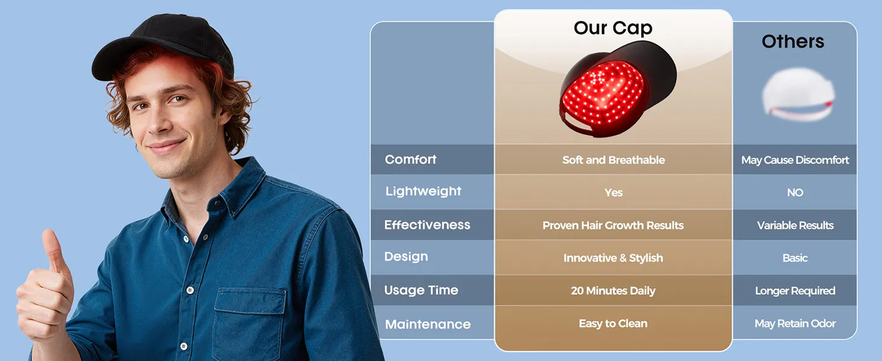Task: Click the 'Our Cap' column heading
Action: tap(613, 28)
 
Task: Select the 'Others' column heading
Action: tap(793, 42)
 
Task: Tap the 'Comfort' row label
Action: tap(411, 159)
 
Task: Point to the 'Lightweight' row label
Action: tap(424, 191)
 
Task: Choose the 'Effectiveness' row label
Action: tap(427, 224)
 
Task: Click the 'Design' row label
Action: tap(406, 257)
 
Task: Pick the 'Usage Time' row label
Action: tap(421, 290)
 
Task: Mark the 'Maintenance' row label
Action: tap(428, 324)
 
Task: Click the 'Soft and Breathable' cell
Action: tap(613, 160)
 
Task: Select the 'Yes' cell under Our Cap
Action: tap(613, 193)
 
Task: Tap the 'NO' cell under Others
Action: tap(795, 193)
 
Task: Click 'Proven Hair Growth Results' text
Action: tap(613, 226)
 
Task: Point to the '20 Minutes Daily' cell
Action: tap(613, 291)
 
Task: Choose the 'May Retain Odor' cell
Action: tap(795, 324)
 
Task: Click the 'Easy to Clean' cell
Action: tap(613, 323)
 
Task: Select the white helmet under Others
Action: tap(798, 94)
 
